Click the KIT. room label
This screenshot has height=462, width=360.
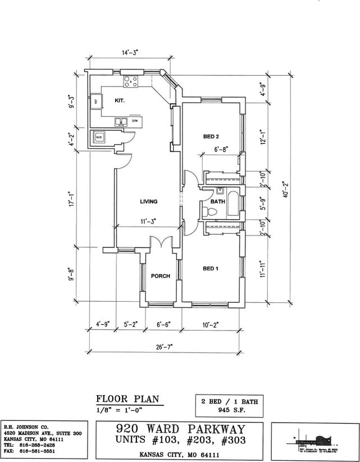pos(119,101)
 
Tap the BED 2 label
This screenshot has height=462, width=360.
pos(211,137)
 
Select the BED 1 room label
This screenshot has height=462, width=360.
pos(211,269)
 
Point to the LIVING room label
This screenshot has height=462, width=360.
pos(148,202)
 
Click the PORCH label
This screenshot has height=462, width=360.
pos(160,276)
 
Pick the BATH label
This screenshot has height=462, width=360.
pos(218,202)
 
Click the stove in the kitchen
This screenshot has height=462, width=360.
pos(131,81)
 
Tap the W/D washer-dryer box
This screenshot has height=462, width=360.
pos(99,137)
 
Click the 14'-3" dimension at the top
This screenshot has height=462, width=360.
pos(129,53)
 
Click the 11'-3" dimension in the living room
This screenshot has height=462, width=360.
pos(148,221)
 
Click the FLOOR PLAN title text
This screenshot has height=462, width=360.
pos(127,400)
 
